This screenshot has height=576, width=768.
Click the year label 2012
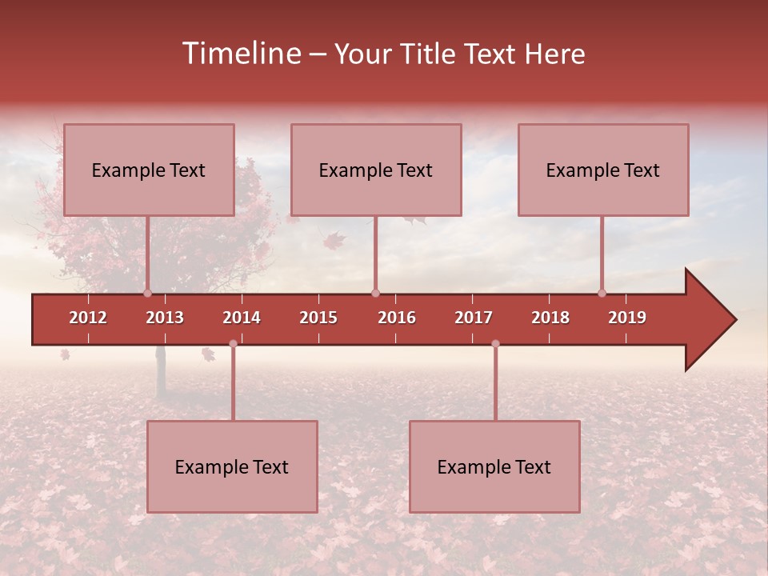pyautogui.click(x=88, y=318)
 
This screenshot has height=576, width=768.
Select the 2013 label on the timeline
pyautogui.click(x=165, y=318)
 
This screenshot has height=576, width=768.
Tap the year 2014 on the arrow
pyautogui.click(x=242, y=318)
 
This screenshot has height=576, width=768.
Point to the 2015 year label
pyautogui.click(x=318, y=318)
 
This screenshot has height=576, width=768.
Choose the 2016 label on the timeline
pyautogui.click(x=397, y=318)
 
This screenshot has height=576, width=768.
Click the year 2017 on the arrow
pyautogui.click(x=474, y=318)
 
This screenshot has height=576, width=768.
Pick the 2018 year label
pyautogui.click(x=550, y=318)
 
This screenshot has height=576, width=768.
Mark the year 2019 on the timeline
pyautogui.click(x=627, y=318)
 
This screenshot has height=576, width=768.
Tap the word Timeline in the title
pyautogui.click(x=240, y=54)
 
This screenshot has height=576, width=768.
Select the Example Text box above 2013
pyautogui.click(x=149, y=170)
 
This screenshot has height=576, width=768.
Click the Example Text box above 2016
pyautogui.click(x=376, y=170)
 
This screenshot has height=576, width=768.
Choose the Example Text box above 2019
pyautogui.click(x=603, y=170)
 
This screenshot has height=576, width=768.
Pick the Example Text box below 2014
pyautogui.click(x=232, y=466)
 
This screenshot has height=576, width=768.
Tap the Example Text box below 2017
pyautogui.click(x=494, y=466)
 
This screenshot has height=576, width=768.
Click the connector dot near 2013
pyautogui.click(x=147, y=293)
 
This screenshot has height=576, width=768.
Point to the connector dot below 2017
pyautogui.click(x=495, y=343)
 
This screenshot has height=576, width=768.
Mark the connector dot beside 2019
pyautogui.click(x=602, y=293)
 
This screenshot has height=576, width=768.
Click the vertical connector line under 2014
pyautogui.click(x=233, y=384)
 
